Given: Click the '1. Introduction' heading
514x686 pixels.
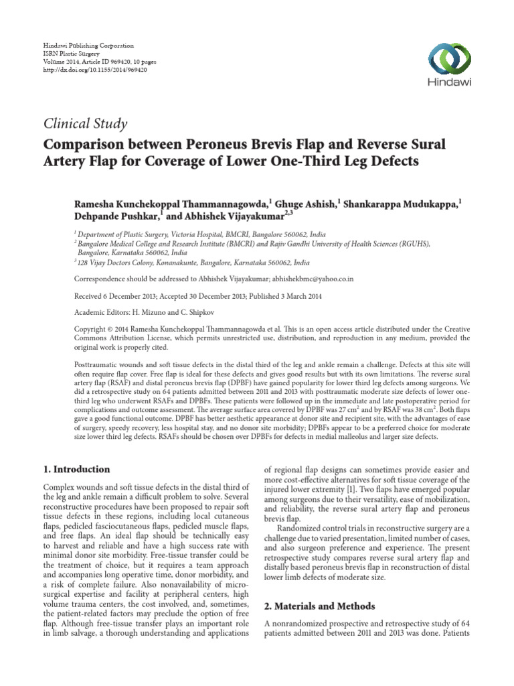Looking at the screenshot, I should click(76, 469).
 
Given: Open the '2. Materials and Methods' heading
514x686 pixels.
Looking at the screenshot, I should click(320, 606).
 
